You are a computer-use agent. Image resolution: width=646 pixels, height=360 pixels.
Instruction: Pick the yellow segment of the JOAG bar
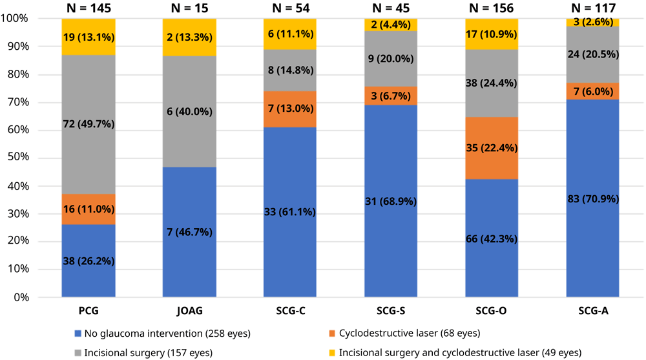pos(189,37)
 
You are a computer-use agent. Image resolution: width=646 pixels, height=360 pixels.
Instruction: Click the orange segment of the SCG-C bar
pos(290,109)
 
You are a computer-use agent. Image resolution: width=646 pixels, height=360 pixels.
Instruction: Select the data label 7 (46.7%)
pos(189,231)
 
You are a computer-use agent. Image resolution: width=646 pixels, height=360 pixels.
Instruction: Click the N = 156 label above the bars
pos(492,8)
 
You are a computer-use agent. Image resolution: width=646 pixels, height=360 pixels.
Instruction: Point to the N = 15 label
pos(189,8)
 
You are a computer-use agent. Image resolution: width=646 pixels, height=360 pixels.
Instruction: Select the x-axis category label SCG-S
pos(391,311)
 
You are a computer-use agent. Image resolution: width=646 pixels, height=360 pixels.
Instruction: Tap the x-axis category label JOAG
pos(189,311)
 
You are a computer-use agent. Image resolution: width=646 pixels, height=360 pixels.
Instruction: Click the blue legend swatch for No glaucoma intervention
pos(78,334)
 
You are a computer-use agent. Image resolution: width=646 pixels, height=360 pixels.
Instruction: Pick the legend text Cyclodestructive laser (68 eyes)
pos(408,334)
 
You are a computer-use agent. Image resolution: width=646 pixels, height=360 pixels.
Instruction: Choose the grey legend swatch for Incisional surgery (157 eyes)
pos(78,352)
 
